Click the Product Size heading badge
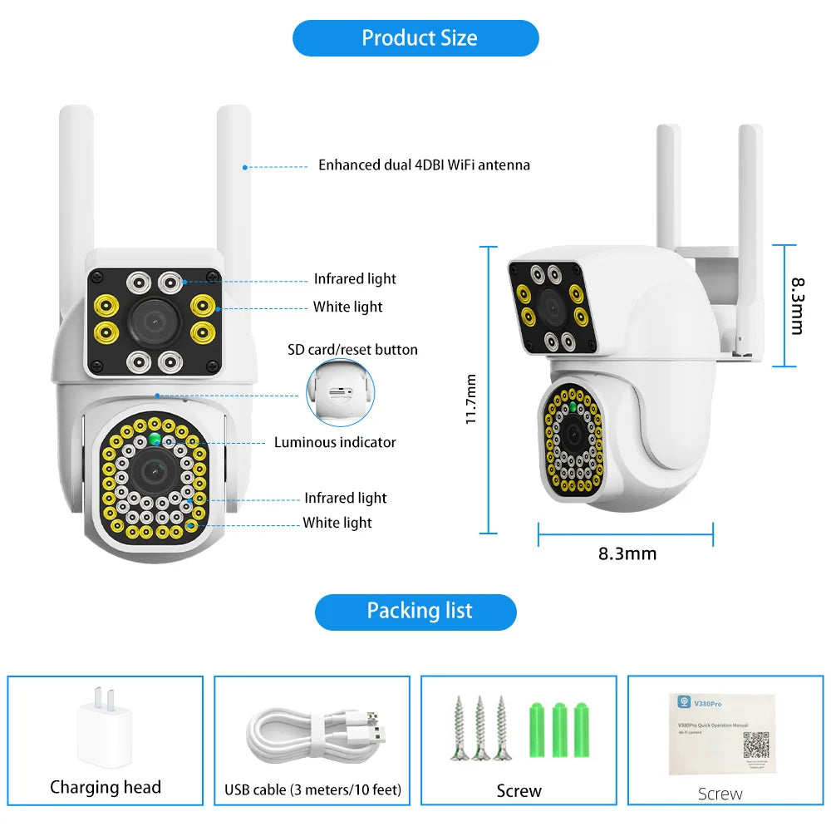(415, 38)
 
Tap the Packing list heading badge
(415, 612)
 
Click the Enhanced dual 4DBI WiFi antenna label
(424, 165)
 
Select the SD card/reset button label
(352, 349)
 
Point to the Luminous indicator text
(335, 442)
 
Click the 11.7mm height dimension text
(471, 399)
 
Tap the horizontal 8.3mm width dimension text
(627, 553)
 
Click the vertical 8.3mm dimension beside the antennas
(796, 305)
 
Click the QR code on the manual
(755, 745)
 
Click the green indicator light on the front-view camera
(155, 439)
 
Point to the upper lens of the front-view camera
(153, 317)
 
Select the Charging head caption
(106, 787)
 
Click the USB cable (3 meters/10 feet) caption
(312, 789)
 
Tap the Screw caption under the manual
(720, 794)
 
